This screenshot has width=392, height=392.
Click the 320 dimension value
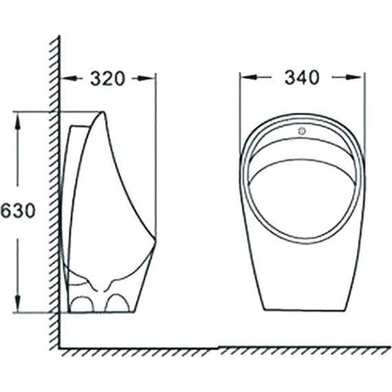tap(107, 78)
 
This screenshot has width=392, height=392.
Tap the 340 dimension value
tap(302, 77)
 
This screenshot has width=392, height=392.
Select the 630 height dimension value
tap(17, 210)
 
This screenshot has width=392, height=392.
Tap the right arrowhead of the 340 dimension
tap(354, 77)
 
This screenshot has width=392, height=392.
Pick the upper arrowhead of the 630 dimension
tap(17, 120)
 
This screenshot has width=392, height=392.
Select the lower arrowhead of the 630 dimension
tap(17, 303)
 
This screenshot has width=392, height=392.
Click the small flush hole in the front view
tap(302, 131)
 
